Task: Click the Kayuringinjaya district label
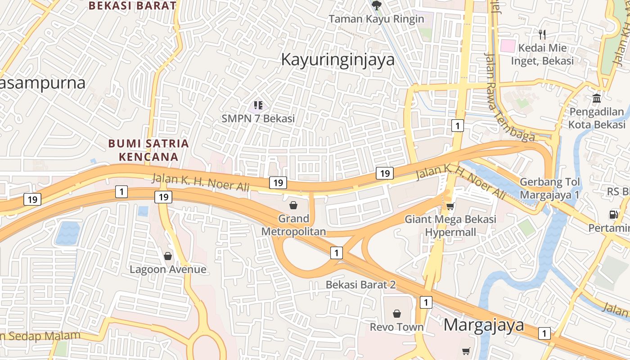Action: coord(337,59)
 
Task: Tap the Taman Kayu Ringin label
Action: coord(376,19)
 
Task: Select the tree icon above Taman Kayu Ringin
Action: coord(376,5)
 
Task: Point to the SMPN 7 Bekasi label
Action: coord(258,118)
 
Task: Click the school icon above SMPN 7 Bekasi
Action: coord(258,105)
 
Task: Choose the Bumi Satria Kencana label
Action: coord(148,150)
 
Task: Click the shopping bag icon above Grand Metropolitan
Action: coord(293,205)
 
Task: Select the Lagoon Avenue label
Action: coord(168,270)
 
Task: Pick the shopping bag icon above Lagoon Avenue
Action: coord(168,256)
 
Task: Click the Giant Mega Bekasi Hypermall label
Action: coord(450,225)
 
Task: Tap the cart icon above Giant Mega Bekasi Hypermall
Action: coord(450,206)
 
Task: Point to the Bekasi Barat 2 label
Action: coord(360,285)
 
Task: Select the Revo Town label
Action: coord(396,327)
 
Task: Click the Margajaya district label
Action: coord(484,325)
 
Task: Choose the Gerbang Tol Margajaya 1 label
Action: coord(550,189)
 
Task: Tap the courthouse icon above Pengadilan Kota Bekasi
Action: coord(597,98)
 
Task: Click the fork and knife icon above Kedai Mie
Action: coord(542,34)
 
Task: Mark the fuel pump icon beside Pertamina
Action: coord(614,215)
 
